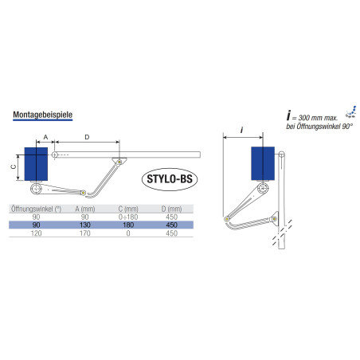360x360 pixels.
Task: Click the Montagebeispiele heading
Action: tap(42, 115)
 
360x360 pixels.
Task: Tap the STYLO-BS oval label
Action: tap(170, 179)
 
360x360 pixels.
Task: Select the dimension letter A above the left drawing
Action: tap(45, 137)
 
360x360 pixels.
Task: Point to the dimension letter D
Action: tap(87, 137)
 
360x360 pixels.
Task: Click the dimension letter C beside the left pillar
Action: tap(14, 166)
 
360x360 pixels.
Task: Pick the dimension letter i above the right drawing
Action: tap(241, 130)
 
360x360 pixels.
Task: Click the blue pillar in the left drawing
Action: tap(36, 164)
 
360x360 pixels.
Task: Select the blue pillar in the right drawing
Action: tap(263, 163)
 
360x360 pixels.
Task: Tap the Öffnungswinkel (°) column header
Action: tap(36, 209)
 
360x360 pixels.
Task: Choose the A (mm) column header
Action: tap(85, 209)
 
